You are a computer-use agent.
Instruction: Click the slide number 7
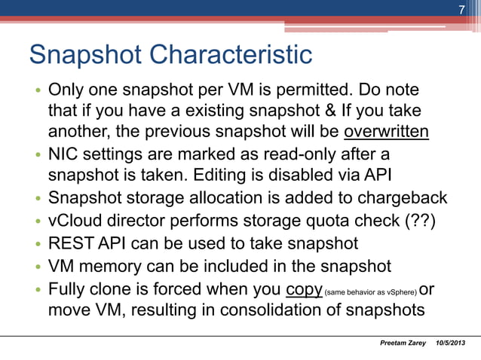(462, 9)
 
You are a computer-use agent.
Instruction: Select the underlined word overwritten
(386, 133)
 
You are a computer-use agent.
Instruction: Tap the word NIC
(65, 156)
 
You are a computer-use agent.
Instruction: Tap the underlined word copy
(304, 289)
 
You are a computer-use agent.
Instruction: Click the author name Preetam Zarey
(401, 344)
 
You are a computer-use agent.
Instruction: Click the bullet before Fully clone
(36, 290)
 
